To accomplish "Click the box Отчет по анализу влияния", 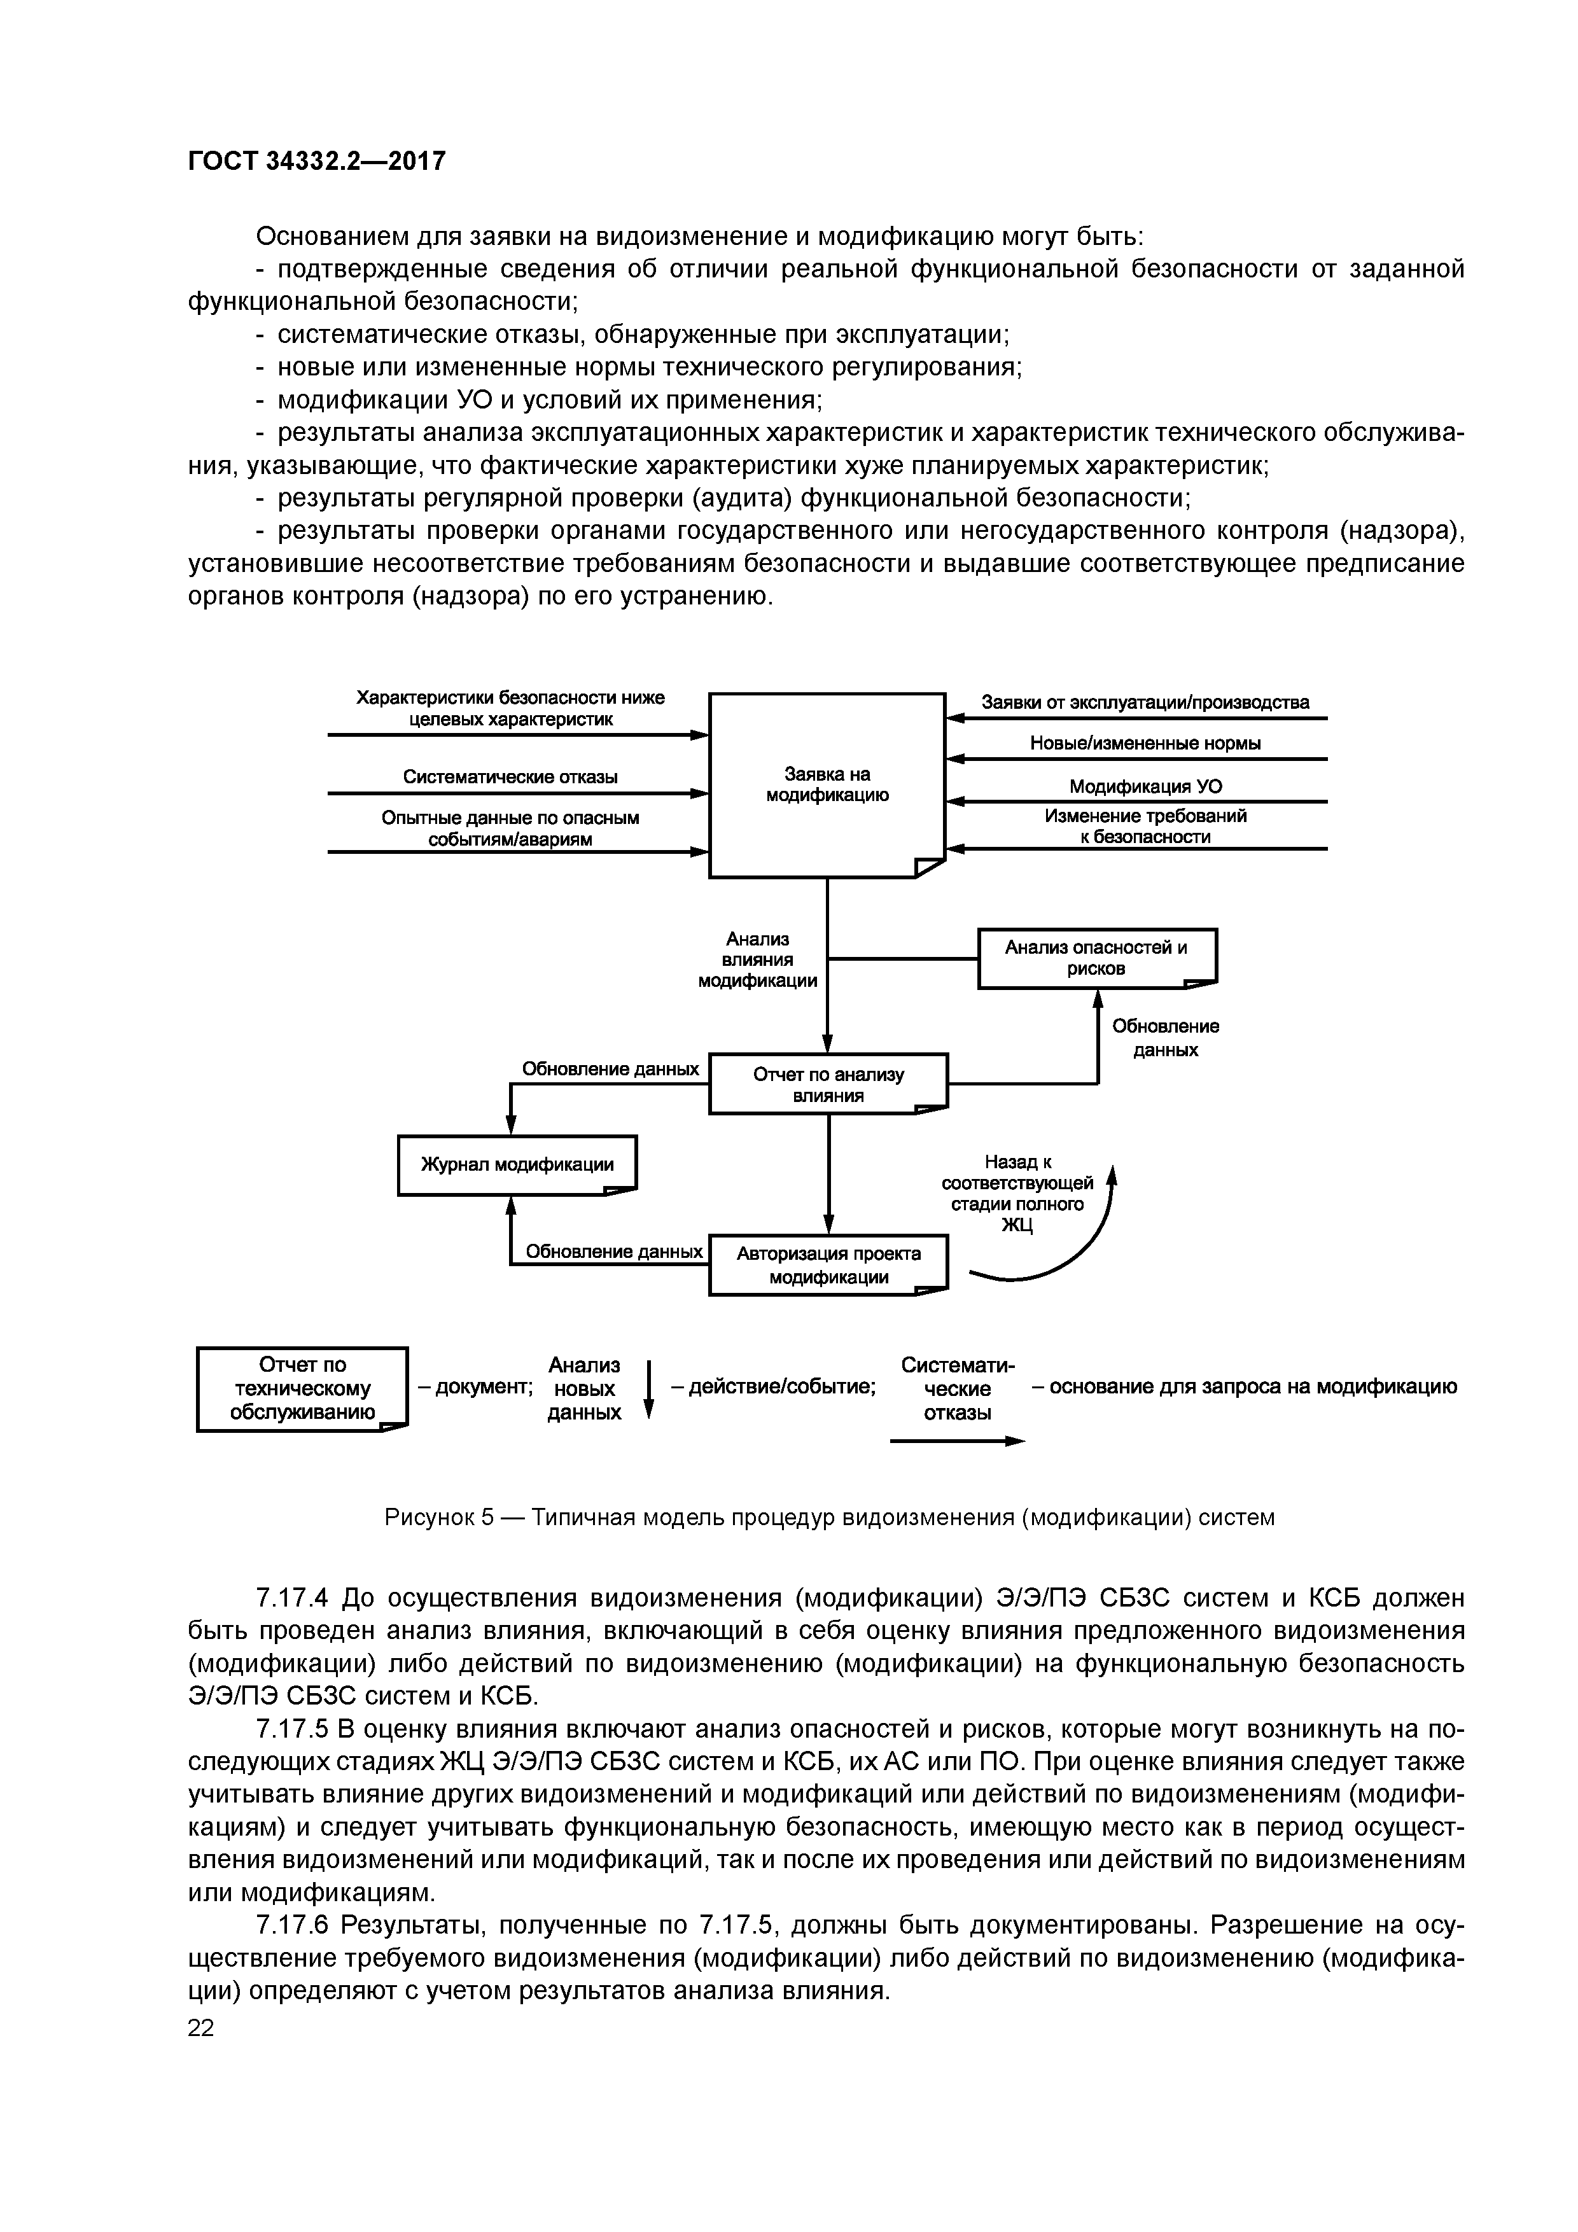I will (x=827, y=1084).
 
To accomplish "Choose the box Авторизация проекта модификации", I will (x=827, y=1265).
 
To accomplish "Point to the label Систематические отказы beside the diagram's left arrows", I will (x=510, y=777).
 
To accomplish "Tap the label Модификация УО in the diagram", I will (x=1145, y=786).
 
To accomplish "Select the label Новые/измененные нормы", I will (x=1145, y=744).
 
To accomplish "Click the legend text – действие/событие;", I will (x=773, y=1387).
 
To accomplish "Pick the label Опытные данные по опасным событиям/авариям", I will (x=510, y=828).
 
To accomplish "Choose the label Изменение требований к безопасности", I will (x=1145, y=827).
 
